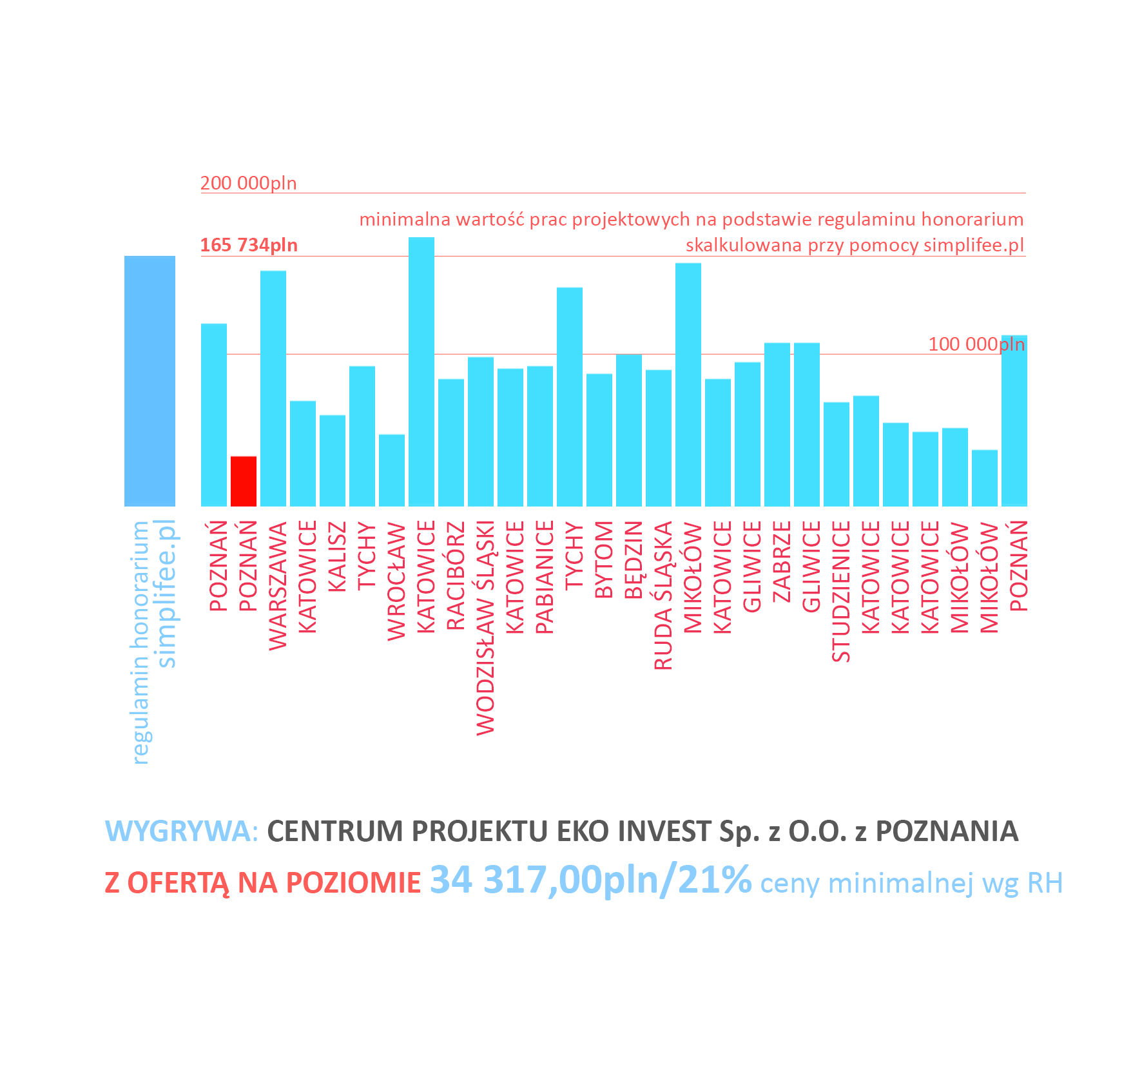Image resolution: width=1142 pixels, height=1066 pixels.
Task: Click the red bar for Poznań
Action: pyautogui.click(x=244, y=481)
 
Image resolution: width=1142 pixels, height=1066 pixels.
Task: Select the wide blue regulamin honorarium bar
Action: pyautogui.click(x=150, y=381)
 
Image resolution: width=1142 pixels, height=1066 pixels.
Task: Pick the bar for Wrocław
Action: pyautogui.click(x=392, y=470)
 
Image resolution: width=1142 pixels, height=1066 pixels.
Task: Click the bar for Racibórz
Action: pyautogui.click(x=451, y=442)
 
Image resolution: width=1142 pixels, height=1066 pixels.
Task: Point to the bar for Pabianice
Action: pyautogui.click(x=540, y=436)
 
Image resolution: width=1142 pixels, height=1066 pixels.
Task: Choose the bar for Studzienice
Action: pyautogui.click(x=837, y=454)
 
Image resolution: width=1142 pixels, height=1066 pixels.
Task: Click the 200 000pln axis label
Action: pyautogui.click(x=248, y=183)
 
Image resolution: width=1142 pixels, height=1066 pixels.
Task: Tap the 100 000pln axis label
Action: pyautogui.click(x=976, y=344)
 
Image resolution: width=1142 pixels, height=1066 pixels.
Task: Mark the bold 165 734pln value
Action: pyautogui.click(x=249, y=245)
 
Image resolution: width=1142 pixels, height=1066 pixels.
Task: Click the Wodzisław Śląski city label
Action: pyautogui.click(x=485, y=627)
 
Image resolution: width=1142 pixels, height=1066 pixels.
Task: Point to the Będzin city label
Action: pyautogui.click(x=634, y=559)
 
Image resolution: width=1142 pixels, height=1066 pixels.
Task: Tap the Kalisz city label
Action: pyautogui.click(x=337, y=556)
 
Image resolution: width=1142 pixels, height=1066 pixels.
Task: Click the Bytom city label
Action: pyautogui.click(x=604, y=559)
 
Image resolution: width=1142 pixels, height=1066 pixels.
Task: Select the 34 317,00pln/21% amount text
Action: pyautogui.click(x=590, y=880)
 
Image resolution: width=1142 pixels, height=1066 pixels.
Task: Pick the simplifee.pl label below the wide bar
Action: pyautogui.click(x=167, y=593)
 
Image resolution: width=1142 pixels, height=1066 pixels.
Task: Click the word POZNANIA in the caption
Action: pyautogui.click(x=947, y=831)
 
